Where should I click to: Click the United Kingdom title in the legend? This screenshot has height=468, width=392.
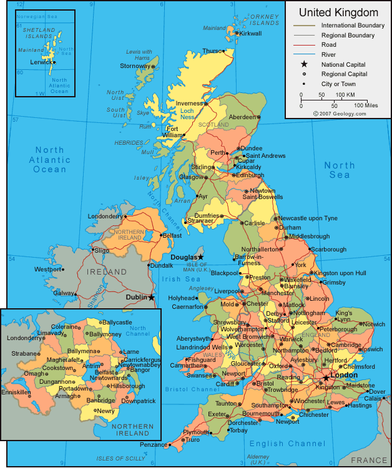click(x=338, y=12)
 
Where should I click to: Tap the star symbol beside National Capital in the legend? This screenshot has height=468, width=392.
click(x=305, y=64)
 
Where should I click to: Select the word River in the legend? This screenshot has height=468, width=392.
click(x=328, y=55)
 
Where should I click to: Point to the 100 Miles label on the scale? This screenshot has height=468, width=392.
click(x=366, y=105)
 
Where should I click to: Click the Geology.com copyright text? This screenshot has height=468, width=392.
click(x=340, y=114)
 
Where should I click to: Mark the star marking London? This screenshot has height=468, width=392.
click(x=325, y=378)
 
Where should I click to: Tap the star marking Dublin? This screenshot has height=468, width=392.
click(x=152, y=298)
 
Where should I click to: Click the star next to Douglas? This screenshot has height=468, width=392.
click(x=200, y=256)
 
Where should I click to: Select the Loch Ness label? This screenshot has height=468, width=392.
click(x=187, y=114)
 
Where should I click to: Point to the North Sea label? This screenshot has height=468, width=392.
click(x=340, y=170)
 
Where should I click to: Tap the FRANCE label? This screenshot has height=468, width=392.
click(x=369, y=460)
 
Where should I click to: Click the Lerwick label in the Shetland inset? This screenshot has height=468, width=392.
click(x=41, y=62)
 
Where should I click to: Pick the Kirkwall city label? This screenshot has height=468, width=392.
click(x=250, y=33)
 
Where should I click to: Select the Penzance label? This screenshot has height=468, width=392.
click(x=152, y=445)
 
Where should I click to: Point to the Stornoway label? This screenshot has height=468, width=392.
click(x=135, y=66)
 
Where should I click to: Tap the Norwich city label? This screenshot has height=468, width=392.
click(x=374, y=324)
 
